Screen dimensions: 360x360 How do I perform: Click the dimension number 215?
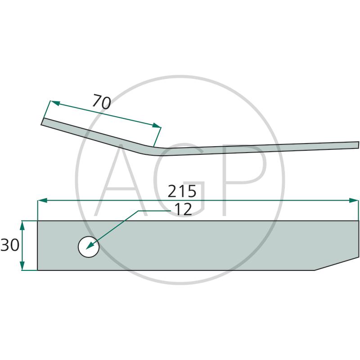[x=182, y=191]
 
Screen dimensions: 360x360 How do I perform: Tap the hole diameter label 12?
[x=183, y=209]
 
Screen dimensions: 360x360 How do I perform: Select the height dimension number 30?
[x=10, y=245]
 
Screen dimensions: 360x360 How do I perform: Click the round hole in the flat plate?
[x=89, y=247]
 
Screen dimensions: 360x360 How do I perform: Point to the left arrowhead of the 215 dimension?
[x=42, y=200]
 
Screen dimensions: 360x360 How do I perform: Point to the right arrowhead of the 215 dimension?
[x=354, y=200]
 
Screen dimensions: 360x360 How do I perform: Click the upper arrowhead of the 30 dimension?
[x=22, y=226]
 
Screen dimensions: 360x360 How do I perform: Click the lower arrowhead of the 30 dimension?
[x=22, y=265]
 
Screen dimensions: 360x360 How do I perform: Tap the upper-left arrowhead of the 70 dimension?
[x=55, y=103]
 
